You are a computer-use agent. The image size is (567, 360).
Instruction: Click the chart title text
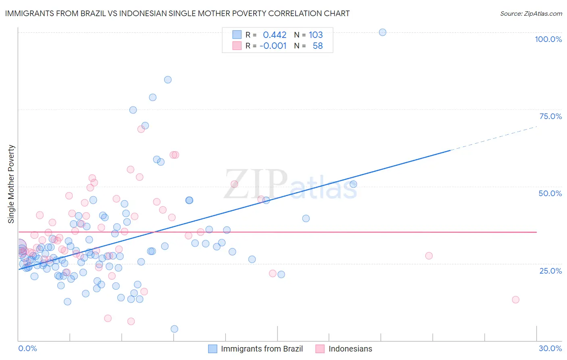point(177,13)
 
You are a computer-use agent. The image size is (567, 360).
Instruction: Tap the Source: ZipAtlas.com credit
point(531,13)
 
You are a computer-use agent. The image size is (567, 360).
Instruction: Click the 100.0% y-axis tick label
point(548,39)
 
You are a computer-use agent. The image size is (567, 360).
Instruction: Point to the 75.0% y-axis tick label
point(550,116)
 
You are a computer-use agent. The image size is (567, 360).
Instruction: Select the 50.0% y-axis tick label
point(550,193)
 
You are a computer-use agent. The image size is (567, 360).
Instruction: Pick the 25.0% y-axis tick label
point(550,271)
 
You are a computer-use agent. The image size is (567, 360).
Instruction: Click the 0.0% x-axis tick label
point(27,348)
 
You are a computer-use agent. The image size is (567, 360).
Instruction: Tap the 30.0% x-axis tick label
point(550,348)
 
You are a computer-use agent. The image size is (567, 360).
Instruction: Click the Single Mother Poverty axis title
point(11,184)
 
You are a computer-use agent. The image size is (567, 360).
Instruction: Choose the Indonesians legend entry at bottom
point(350,349)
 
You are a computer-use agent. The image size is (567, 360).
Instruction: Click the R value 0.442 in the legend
point(275,35)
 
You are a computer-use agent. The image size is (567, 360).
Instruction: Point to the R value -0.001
point(273,46)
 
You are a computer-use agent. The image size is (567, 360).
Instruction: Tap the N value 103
point(316,35)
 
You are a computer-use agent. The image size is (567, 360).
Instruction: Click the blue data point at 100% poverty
point(383,32)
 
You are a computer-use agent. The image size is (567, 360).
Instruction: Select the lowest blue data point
point(174,329)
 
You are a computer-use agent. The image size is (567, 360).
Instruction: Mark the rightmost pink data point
point(515,299)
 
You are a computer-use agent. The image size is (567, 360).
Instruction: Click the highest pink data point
point(141,129)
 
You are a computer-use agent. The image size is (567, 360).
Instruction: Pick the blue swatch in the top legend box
point(237,35)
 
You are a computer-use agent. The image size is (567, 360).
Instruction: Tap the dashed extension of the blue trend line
point(494,138)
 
